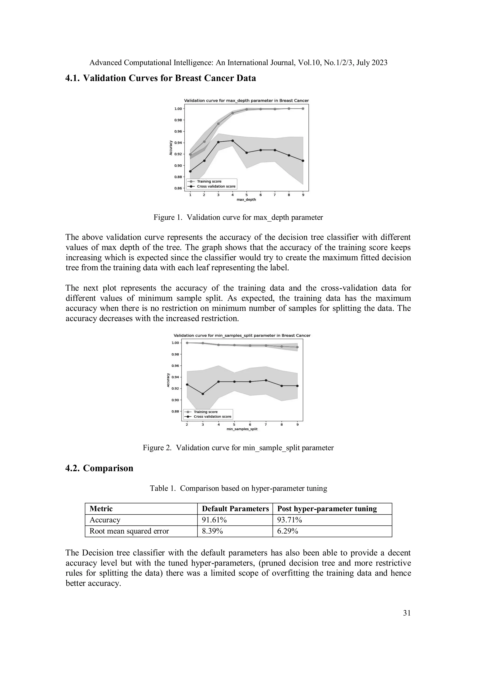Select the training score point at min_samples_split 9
pos(297,347)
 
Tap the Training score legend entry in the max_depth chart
pos(209,181)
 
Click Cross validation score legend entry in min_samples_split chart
pos(212,416)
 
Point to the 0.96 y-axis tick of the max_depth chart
pos(178,131)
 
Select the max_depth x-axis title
pos(246,200)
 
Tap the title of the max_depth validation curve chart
pos(246,101)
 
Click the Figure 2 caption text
pos(238,448)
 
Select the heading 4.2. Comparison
pos(99,468)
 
